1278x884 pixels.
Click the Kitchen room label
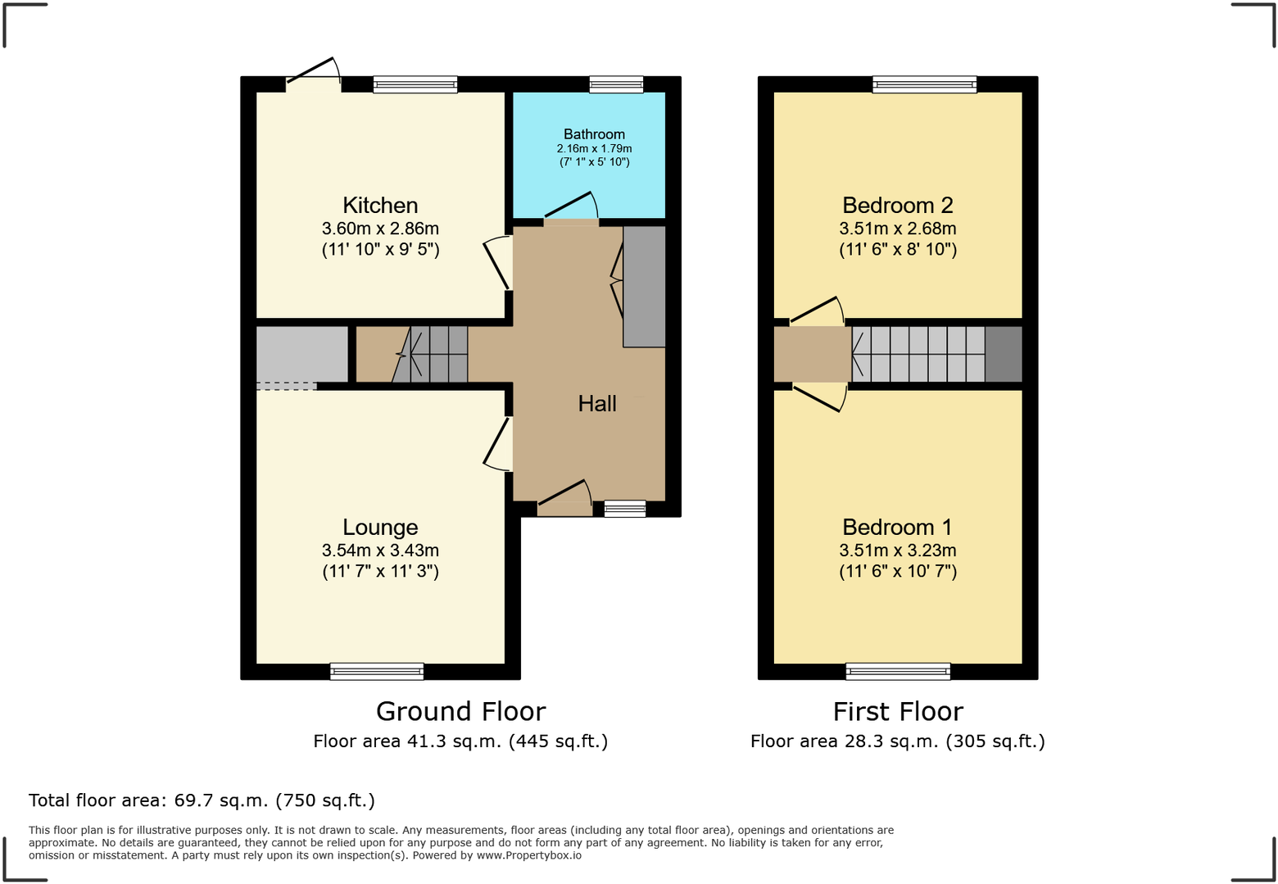tap(380, 206)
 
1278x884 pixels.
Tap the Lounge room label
tap(380, 528)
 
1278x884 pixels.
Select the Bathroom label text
tap(594, 134)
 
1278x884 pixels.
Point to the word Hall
tap(597, 404)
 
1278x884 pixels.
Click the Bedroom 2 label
tap(898, 206)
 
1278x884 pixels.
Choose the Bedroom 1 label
tap(898, 528)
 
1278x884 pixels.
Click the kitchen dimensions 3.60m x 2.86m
tap(380, 229)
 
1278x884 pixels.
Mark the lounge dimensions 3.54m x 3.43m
tap(380, 551)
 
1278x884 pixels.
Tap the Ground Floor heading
tap(460, 711)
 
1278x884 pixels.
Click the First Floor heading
tap(898, 711)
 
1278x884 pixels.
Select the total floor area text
tap(202, 800)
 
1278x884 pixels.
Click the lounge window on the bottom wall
tap(377, 672)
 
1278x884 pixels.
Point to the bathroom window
tap(616, 84)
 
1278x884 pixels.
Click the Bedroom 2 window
tap(924, 84)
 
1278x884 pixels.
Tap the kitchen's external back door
tap(313, 72)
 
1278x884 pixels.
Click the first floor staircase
tap(919, 355)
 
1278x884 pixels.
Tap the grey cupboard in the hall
tap(645, 287)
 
